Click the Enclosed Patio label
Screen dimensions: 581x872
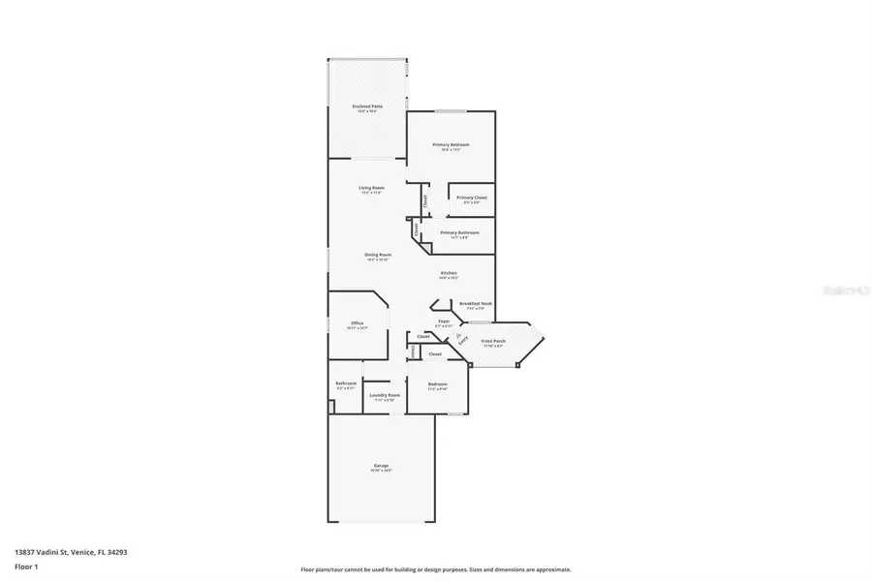pos(367,107)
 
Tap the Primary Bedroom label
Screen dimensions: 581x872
pos(451,144)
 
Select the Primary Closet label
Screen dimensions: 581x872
pos(472,198)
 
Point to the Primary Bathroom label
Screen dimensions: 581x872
pos(459,232)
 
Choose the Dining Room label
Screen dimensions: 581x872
pos(378,255)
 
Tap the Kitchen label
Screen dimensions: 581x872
pos(449,274)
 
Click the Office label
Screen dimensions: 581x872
pos(357,323)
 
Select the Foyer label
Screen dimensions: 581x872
pos(444,321)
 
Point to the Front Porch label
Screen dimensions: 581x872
pos(493,341)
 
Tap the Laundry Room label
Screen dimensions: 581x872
pos(385,395)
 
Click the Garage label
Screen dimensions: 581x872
pos(381,466)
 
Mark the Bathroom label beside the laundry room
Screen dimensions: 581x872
pos(346,383)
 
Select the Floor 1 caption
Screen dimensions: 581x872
pos(26,566)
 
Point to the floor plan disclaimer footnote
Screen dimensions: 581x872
pos(436,569)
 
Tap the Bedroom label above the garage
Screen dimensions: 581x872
pos(437,384)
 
